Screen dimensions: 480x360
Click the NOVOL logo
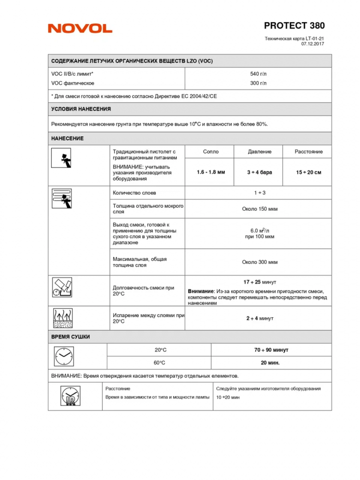tap(80, 28)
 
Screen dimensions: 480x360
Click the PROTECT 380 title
tap(294, 25)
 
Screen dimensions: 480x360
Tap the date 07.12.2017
tap(313, 44)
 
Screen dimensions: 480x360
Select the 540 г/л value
tap(258, 74)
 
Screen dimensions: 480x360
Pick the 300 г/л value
tap(258, 83)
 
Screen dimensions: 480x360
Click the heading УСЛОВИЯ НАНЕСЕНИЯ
tap(81, 109)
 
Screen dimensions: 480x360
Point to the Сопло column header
tap(211, 152)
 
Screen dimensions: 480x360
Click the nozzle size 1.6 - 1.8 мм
tap(211, 172)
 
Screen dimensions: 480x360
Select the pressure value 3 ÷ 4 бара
tap(259, 172)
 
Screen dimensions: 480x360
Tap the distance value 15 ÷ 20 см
tap(308, 172)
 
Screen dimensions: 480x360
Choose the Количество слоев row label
tap(134, 192)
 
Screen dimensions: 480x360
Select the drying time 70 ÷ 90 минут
tap(271, 350)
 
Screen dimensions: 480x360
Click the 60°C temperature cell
tap(159, 363)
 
